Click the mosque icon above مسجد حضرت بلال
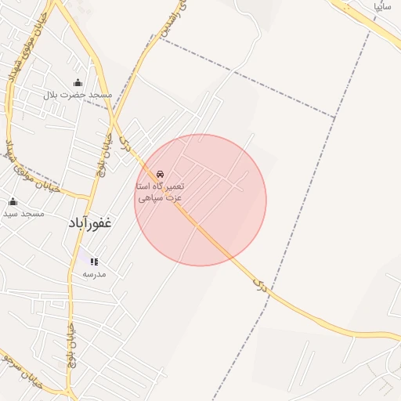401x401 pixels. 78,83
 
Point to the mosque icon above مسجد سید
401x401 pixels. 13,201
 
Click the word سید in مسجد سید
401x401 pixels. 10,213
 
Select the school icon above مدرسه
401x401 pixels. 94,262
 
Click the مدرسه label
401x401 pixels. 94,274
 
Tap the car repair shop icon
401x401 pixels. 161,174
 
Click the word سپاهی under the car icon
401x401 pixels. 151,198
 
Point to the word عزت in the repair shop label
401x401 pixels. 175,198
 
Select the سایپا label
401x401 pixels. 382,5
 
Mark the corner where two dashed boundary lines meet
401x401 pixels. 335,118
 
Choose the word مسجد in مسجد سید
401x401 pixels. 33,213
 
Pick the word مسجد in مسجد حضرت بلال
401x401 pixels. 101,95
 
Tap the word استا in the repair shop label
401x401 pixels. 145,186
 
